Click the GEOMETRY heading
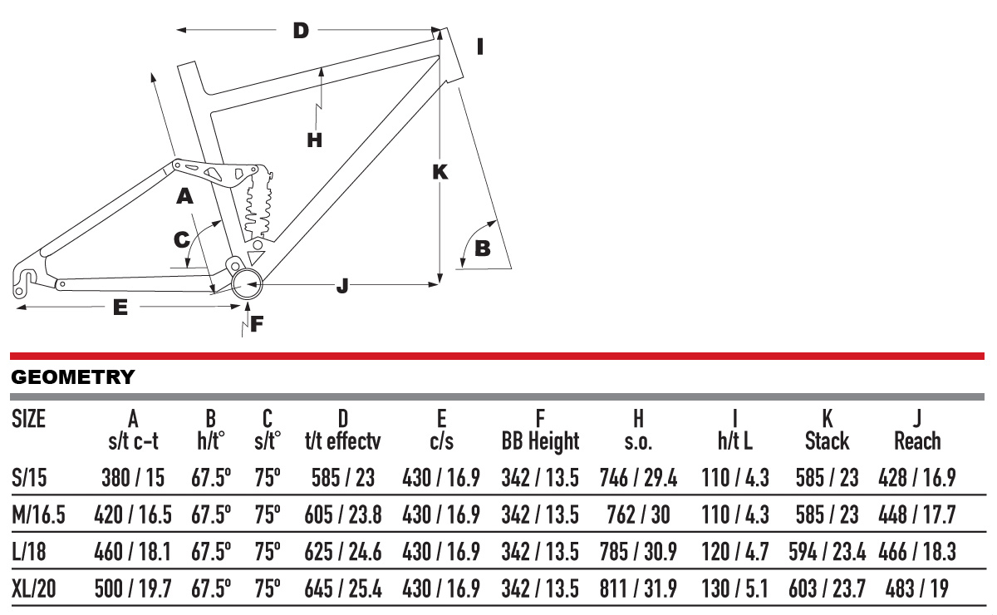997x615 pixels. pos(72,377)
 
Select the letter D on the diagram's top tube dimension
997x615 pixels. pos(301,32)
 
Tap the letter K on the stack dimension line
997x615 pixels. pos(440,172)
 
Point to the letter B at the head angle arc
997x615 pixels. pos(482,248)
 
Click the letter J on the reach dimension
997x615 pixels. pos(343,286)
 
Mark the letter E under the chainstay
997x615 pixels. pos(120,307)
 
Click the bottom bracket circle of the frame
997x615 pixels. pos(248,285)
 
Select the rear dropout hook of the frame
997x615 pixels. pos(28,278)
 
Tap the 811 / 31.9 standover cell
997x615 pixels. pos(638,591)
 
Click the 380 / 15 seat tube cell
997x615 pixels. pos(133,478)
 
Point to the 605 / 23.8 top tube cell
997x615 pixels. pos(342,515)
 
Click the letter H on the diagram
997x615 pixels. pos(314,140)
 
